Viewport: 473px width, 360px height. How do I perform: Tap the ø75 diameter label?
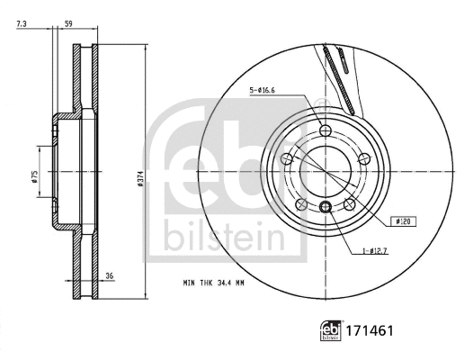[x=34, y=176]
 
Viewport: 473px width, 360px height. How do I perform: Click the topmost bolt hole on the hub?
[x=326, y=132]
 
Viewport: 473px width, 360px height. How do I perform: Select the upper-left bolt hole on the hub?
[x=288, y=159]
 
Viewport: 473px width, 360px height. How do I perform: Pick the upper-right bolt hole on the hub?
[x=363, y=159]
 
